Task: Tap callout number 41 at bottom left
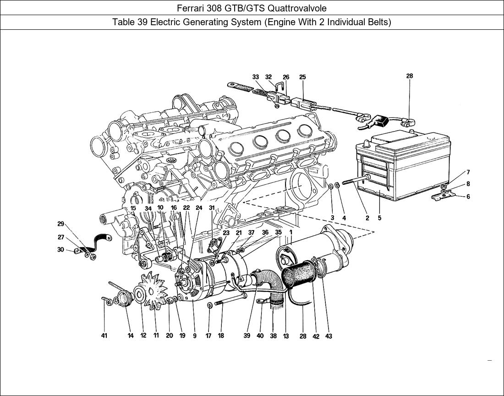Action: tap(104, 336)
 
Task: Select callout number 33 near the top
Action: tap(256, 77)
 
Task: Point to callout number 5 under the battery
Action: tap(379, 218)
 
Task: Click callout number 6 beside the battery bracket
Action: tap(468, 197)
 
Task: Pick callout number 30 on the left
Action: tap(61, 249)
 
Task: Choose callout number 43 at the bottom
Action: tap(329, 336)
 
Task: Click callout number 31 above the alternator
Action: tap(212, 208)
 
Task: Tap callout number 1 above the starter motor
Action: tap(290, 232)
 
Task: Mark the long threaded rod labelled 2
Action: tap(356, 180)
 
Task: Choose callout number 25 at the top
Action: tap(302, 77)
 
